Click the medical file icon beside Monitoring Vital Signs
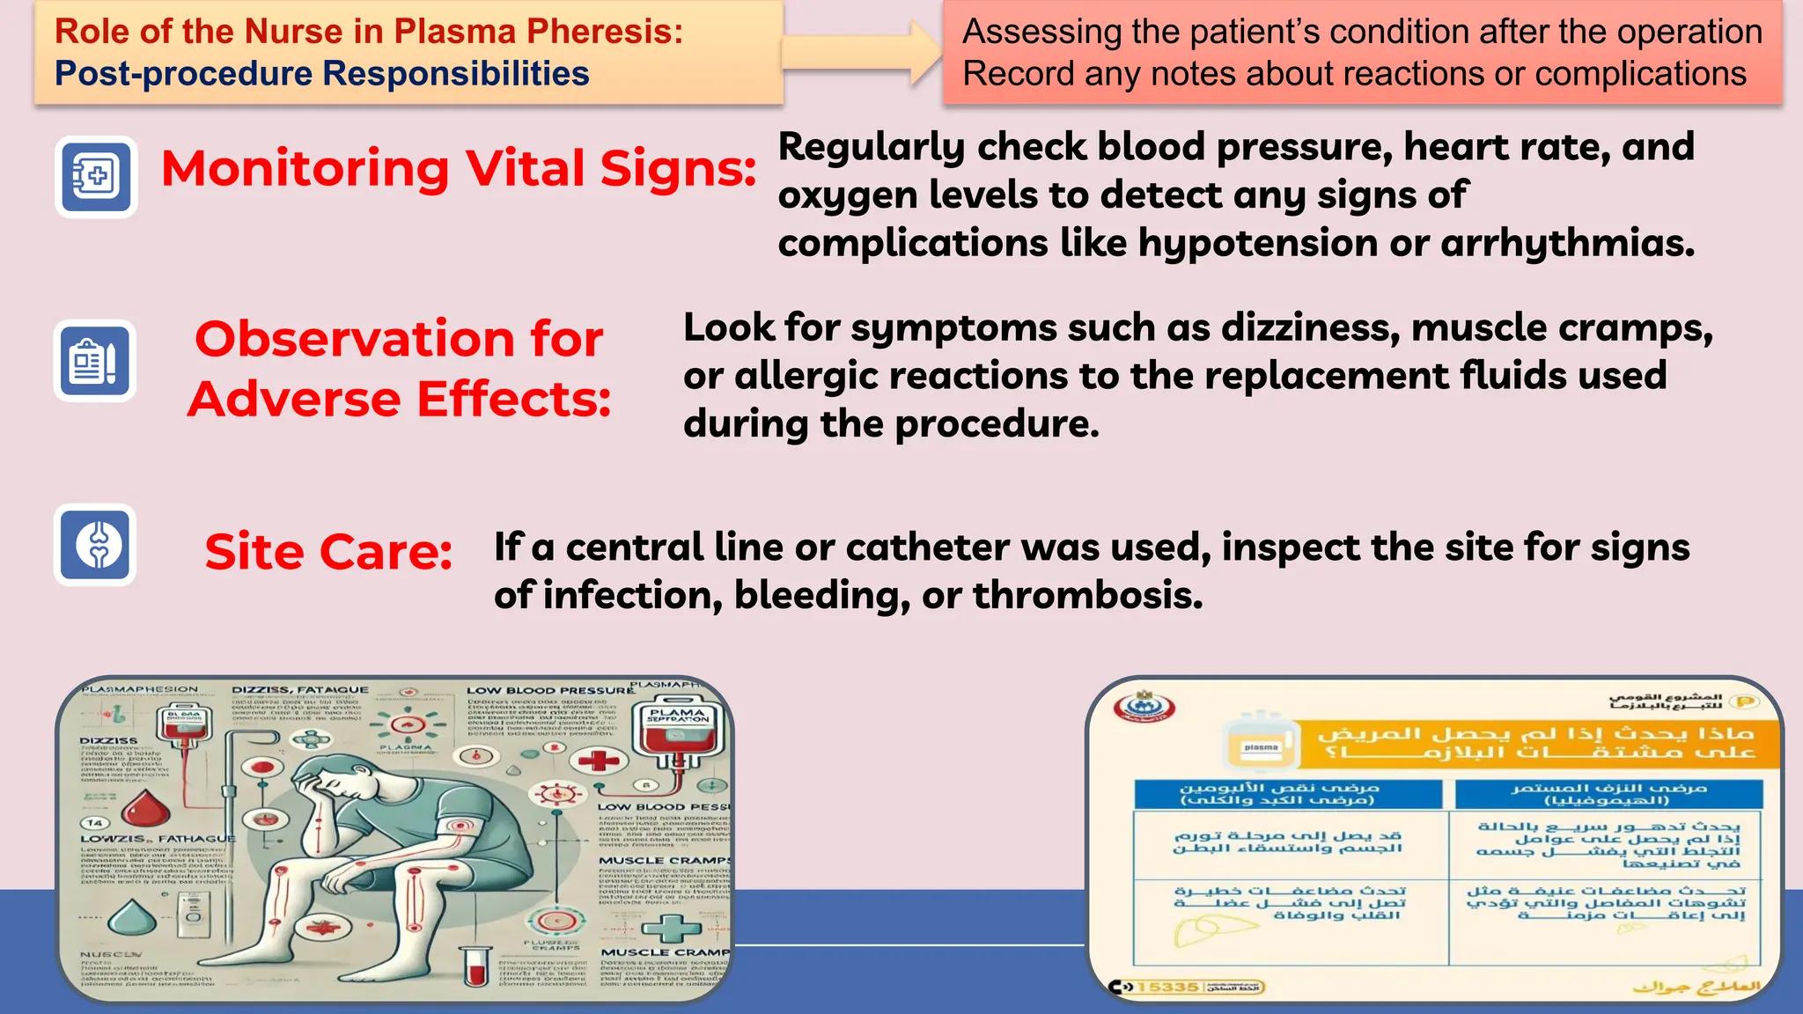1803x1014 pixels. click(97, 176)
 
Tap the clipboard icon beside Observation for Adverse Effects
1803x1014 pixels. click(95, 361)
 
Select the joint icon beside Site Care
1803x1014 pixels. click(97, 545)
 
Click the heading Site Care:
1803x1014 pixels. click(328, 552)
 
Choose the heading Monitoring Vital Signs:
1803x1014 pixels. click(458, 168)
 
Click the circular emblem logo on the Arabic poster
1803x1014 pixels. click(1144, 706)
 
